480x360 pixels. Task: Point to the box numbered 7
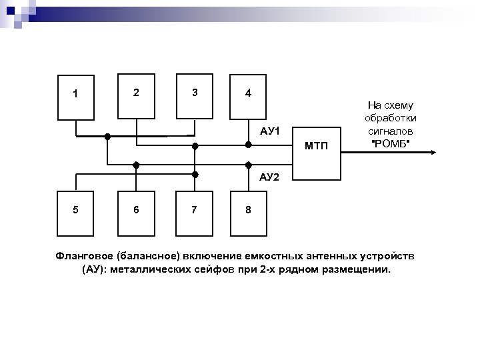coord(194,211)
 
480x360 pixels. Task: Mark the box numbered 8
coord(248,211)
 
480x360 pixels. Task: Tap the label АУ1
coord(270,130)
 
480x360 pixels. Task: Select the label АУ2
coord(270,177)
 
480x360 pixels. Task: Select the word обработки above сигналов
coord(391,117)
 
